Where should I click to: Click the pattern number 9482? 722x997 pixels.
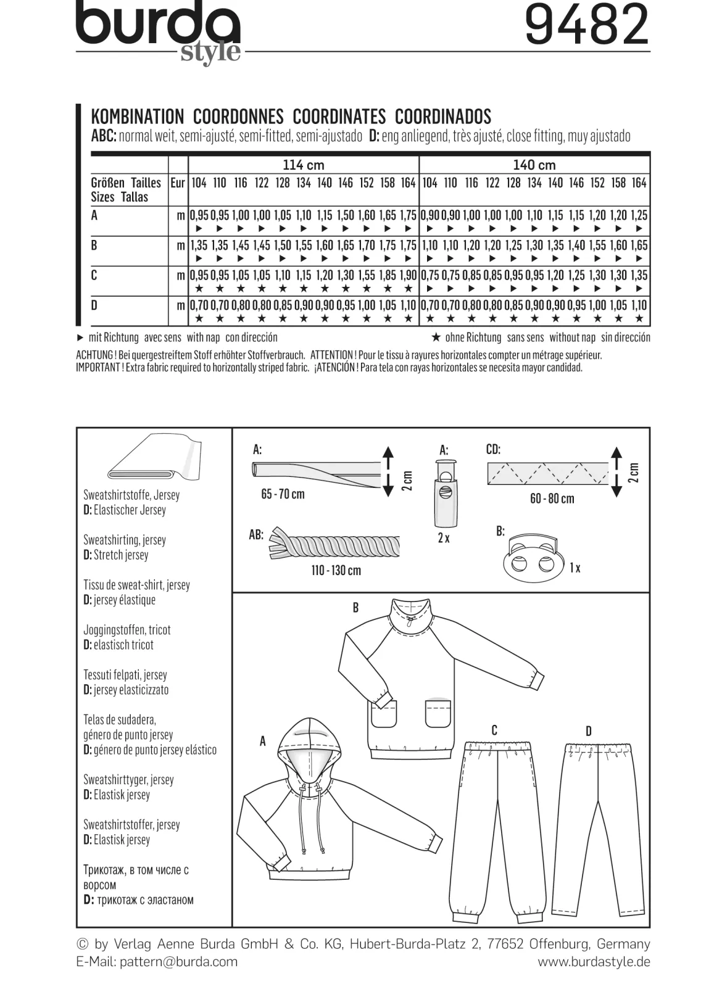click(x=587, y=25)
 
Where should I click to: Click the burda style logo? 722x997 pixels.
click(x=159, y=31)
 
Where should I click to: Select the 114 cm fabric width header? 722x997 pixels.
click(x=304, y=165)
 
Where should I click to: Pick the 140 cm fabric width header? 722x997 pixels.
click(x=534, y=165)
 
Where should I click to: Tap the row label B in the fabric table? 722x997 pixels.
click(x=94, y=246)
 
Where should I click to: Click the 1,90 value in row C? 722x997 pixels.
click(x=408, y=275)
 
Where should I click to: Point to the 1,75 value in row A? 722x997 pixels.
click(x=408, y=215)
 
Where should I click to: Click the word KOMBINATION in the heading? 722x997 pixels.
click(x=137, y=117)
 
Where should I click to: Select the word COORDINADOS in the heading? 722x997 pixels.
click(x=443, y=117)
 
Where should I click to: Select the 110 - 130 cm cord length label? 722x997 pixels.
click(x=336, y=571)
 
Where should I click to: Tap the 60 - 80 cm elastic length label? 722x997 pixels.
click(x=552, y=499)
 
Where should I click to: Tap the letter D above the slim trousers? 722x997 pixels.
click(x=589, y=731)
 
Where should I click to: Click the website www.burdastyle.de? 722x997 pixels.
click(x=594, y=962)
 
